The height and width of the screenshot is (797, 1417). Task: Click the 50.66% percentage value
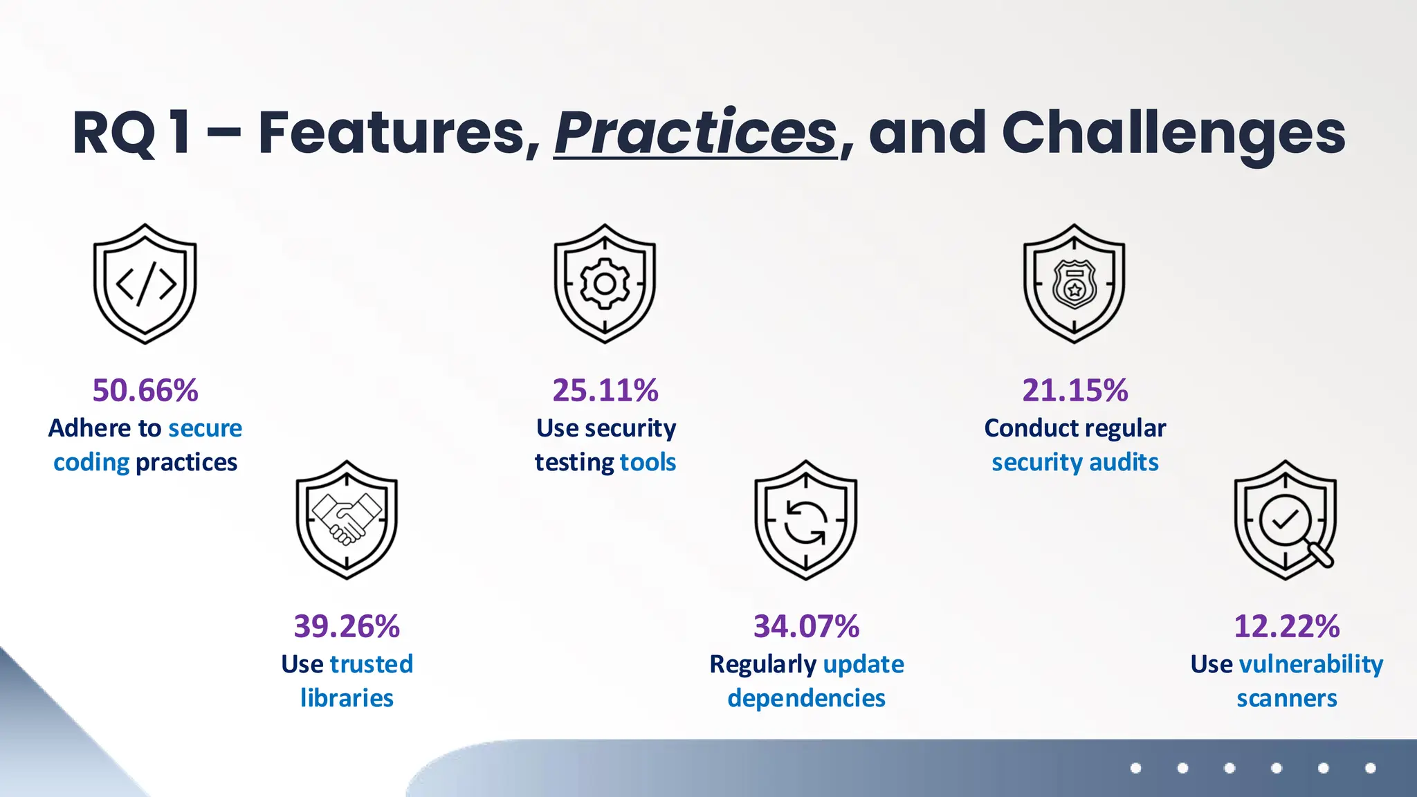[145, 390]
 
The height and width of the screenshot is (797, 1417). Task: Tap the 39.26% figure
[347, 626]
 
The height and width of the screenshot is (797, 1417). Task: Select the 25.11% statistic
[605, 390]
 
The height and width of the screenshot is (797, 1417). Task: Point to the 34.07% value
[806, 626]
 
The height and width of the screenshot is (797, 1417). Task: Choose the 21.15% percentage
[1075, 390]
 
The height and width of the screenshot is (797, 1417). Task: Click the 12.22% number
[1286, 626]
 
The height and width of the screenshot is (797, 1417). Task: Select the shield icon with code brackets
[145, 284]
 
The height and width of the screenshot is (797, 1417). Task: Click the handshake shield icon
[347, 520]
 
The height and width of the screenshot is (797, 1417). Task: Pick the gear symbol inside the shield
[605, 284]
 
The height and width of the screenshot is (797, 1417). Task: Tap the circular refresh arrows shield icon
[805, 520]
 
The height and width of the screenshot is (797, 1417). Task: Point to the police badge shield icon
[1074, 284]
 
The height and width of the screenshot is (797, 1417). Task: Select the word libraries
[347, 697]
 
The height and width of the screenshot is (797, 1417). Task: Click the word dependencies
[806, 697]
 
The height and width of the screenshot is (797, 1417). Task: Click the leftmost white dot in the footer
[1135, 768]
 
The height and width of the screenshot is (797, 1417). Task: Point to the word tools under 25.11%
[648, 461]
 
